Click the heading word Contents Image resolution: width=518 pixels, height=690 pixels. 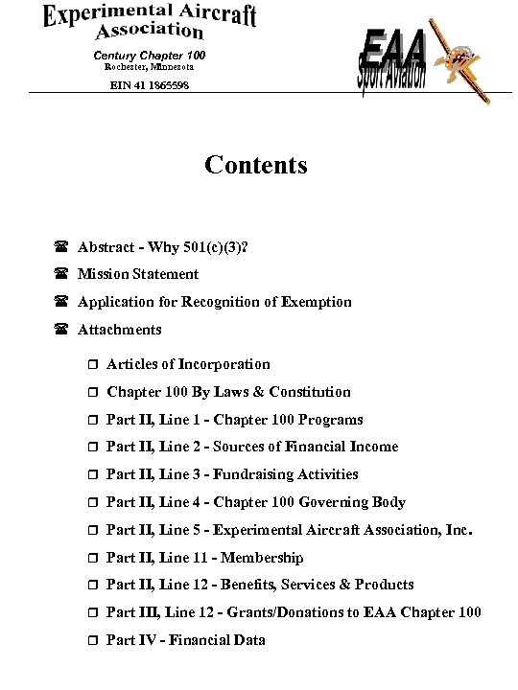coord(256,166)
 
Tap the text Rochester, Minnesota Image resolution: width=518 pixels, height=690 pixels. coord(149,67)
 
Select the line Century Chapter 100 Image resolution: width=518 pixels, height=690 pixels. coord(149,55)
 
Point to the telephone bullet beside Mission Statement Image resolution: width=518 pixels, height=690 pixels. coord(60,275)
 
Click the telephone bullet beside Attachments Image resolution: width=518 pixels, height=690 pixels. coord(60,331)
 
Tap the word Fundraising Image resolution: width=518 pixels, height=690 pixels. coord(253,474)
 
